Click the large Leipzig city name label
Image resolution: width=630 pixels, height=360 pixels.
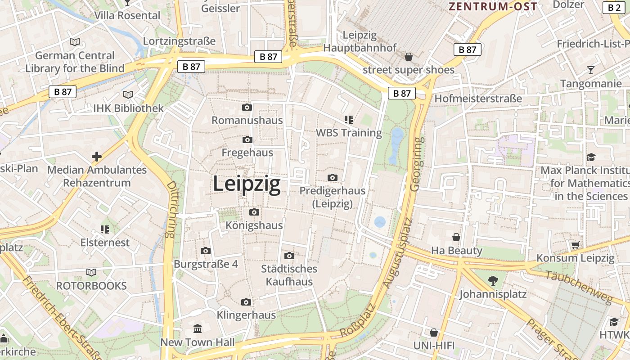click(247, 184)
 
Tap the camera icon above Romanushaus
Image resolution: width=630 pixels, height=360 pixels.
click(247, 107)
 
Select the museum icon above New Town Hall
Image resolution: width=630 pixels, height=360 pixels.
click(198, 328)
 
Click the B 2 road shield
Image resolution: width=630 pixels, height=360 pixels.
click(614, 7)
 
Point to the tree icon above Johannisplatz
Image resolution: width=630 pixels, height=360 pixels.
click(493, 281)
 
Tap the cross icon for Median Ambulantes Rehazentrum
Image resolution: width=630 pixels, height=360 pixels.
click(97, 157)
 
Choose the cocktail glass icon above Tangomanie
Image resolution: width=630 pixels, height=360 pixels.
click(590, 70)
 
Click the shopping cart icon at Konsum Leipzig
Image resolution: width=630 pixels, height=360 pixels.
click(575, 245)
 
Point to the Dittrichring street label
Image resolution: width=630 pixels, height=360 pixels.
click(171, 209)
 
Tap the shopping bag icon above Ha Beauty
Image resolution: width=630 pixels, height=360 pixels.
click(456, 237)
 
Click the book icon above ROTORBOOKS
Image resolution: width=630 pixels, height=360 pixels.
click(91, 272)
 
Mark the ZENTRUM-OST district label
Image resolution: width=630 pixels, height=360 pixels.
click(493, 6)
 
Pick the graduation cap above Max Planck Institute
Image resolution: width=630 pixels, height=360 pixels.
click(590, 157)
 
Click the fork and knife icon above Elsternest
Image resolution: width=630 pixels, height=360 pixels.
click(105, 229)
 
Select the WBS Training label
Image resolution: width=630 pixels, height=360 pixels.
click(349, 133)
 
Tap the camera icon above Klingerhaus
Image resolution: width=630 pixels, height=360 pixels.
click(246, 302)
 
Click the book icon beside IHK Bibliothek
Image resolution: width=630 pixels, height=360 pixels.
click(128, 94)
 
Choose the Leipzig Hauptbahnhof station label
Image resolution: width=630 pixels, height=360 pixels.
click(360, 41)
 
